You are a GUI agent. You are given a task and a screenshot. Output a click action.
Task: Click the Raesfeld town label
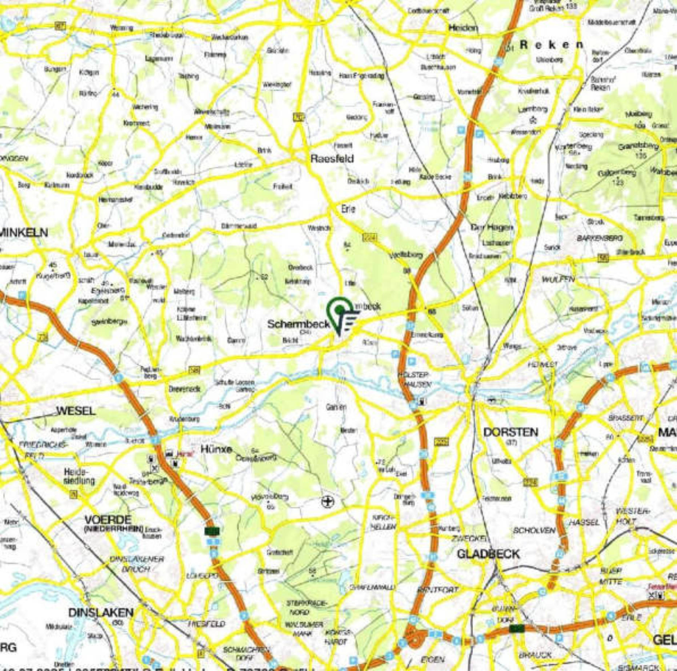point(332,159)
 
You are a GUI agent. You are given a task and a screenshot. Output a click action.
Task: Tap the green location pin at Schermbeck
point(339,310)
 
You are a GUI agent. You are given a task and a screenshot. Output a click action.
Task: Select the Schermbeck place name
point(298,323)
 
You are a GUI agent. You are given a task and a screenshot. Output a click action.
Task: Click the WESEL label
point(76,411)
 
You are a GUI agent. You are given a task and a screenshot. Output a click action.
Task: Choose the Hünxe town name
point(216,449)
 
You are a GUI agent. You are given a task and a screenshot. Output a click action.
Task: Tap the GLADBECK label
point(488,554)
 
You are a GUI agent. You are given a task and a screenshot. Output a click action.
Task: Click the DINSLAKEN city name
point(101,612)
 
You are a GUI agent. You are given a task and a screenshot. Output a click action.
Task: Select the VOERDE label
point(108,519)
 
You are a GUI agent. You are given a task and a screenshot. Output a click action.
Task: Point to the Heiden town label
point(463,28)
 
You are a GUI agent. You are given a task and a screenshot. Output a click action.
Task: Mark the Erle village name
point(348,209)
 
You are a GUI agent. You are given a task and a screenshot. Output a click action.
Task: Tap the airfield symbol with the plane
point(328,502)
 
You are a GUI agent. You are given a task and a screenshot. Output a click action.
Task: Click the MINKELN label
point(25,232)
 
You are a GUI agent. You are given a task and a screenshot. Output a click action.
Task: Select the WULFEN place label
point(558,279)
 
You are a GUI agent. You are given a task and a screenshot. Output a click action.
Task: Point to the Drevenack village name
point(185,389)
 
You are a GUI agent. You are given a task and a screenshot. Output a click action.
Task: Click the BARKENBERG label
point(600,238)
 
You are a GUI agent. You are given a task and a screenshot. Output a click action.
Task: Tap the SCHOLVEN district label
point(534,530)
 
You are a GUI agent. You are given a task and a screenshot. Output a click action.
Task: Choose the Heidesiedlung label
point(79,476)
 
